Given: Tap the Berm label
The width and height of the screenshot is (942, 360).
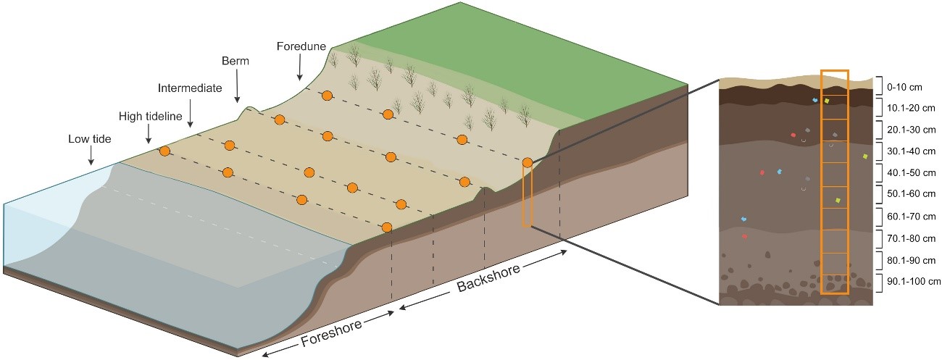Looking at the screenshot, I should [236, 62].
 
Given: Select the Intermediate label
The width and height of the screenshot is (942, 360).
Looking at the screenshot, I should [190, 88].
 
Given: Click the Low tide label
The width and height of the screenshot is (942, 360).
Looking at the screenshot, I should [91, 138].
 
